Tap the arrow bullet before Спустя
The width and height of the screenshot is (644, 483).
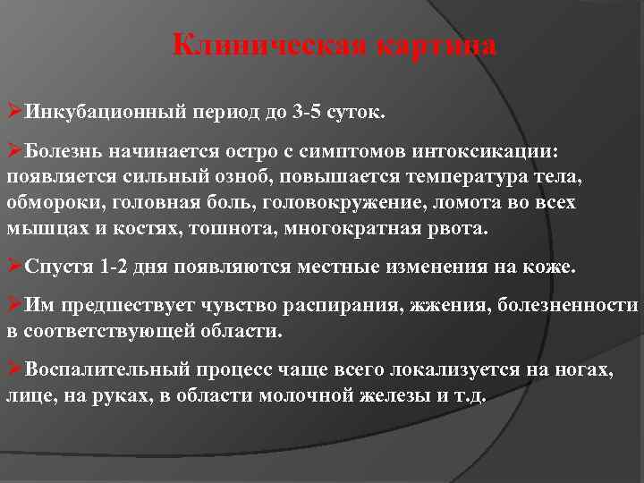14,267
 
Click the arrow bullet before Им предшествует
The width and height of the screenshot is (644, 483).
14,309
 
